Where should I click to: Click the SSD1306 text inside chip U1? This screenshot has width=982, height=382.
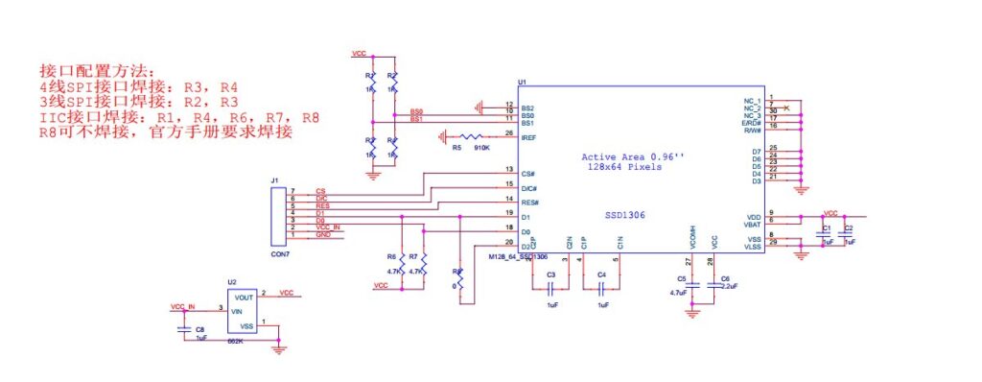pyautogui.click(x=624, y=216)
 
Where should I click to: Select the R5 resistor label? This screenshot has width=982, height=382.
pyautogui.click(x=456, y=148)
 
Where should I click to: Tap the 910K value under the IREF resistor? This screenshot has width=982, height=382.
pyautogui.click(x=481, y=148)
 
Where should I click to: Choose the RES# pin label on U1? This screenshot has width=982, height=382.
pyautogui.click(x=529, y=203)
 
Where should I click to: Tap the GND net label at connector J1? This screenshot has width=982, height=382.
pyautogui.click(x=323, y=234)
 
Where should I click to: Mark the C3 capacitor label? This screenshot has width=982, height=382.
pyautogui.click(x=550, y=275)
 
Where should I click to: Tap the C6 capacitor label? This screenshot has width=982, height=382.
pyautogui.click(x=724, y=278)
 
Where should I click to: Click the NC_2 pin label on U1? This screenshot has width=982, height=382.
pyautogui.click(x=752, y=108)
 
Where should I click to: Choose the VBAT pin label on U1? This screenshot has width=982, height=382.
pyautogui.click(x=753, y=224)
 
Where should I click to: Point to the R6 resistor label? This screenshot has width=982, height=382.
pyautogui.click(x=391, y=257)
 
